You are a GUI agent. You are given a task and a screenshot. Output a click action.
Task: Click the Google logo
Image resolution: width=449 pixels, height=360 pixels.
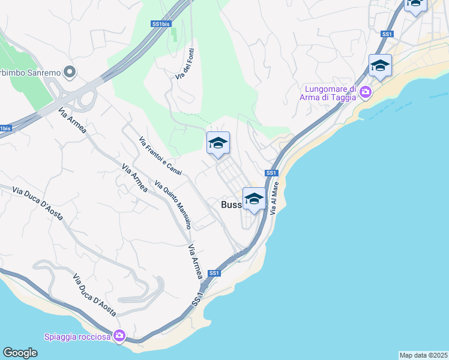coord(20,353)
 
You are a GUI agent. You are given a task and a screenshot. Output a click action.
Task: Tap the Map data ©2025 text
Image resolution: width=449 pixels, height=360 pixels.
coord(424,355)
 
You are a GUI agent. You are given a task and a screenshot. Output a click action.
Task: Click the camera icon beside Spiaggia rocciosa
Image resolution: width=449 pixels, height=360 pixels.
coord(119,335)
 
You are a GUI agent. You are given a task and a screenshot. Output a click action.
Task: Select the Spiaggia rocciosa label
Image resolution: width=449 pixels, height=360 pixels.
coord(77,336)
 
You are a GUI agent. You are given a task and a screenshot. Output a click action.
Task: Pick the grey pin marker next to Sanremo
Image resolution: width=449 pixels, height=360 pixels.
coord(69,73)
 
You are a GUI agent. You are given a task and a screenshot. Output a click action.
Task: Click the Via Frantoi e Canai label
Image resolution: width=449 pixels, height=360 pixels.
coord(160,157)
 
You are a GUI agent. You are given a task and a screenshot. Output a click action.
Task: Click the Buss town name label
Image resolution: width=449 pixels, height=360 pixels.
coord(231,205)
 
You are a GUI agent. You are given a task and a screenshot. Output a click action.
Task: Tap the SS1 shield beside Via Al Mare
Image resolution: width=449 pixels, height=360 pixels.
coord(271,173)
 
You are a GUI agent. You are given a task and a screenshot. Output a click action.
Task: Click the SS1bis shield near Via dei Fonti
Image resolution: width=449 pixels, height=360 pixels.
coord(160,24)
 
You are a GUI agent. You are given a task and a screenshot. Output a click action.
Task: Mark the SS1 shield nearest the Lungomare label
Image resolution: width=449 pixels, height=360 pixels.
coord(387,34)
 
